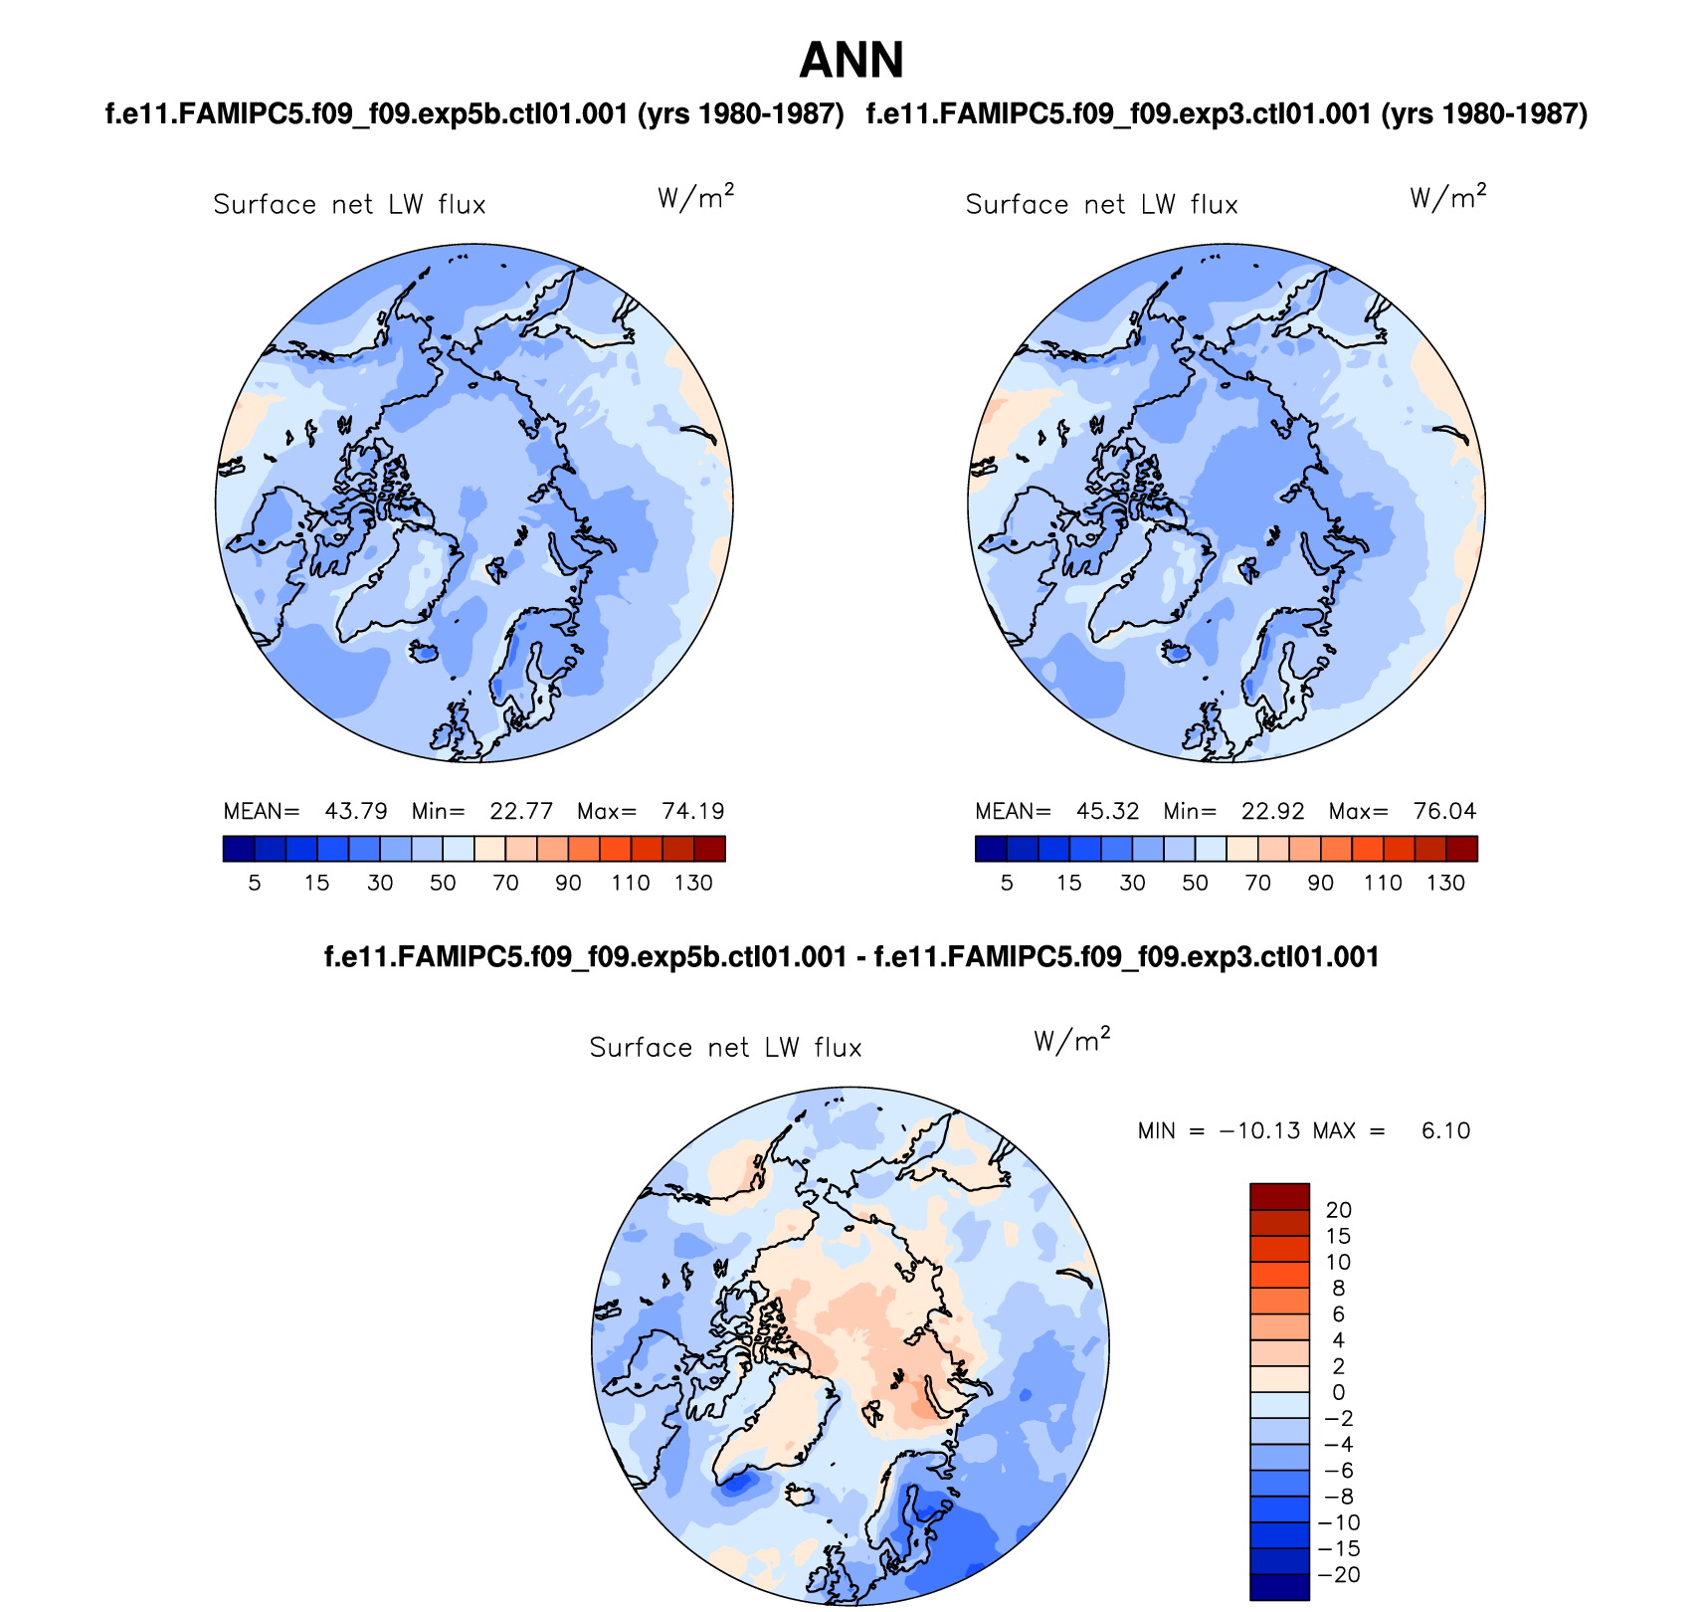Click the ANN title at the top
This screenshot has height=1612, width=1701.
pyautogui.click(x=850, y=61)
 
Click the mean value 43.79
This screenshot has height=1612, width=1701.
pyautogui.click(x=355, y=811)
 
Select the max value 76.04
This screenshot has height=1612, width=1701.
pyautogui.click(x=1444, y=811)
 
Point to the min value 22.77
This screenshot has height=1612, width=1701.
pyautogui.click(x=521, y=811)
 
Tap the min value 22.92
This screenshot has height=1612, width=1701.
pyautogui.click(x=1273, y=811)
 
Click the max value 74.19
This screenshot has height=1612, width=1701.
pyautogui.click(x=693, y=811)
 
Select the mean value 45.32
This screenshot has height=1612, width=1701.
pyautogui.click(x=1107, y=811)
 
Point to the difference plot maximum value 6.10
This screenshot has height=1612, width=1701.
pyautogui.click(x=1445, y=1131)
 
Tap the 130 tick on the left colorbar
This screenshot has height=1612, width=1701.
pyautogui.click(x=693, y=883)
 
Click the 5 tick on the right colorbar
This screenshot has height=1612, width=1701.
pyautogui.click(x=1007, y=883)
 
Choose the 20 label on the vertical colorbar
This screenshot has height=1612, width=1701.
pyautogui.click(x=1338, y=1210)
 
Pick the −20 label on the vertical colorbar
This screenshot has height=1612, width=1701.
pyautogui.click(x=1338, y=1574)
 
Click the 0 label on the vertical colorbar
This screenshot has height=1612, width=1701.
pyautogui.click(x=1338, y=1392)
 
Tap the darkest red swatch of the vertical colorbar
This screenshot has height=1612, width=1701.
pyautogui.click(x=1279, y=1196)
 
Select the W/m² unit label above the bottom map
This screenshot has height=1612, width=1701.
pyautogui.click(x=1071, y=1041)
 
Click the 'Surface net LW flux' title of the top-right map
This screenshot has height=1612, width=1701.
pyautogui.click(x=1101, y=205)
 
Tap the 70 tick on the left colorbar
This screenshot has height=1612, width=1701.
pyautogui.click(x=505, y=883)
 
